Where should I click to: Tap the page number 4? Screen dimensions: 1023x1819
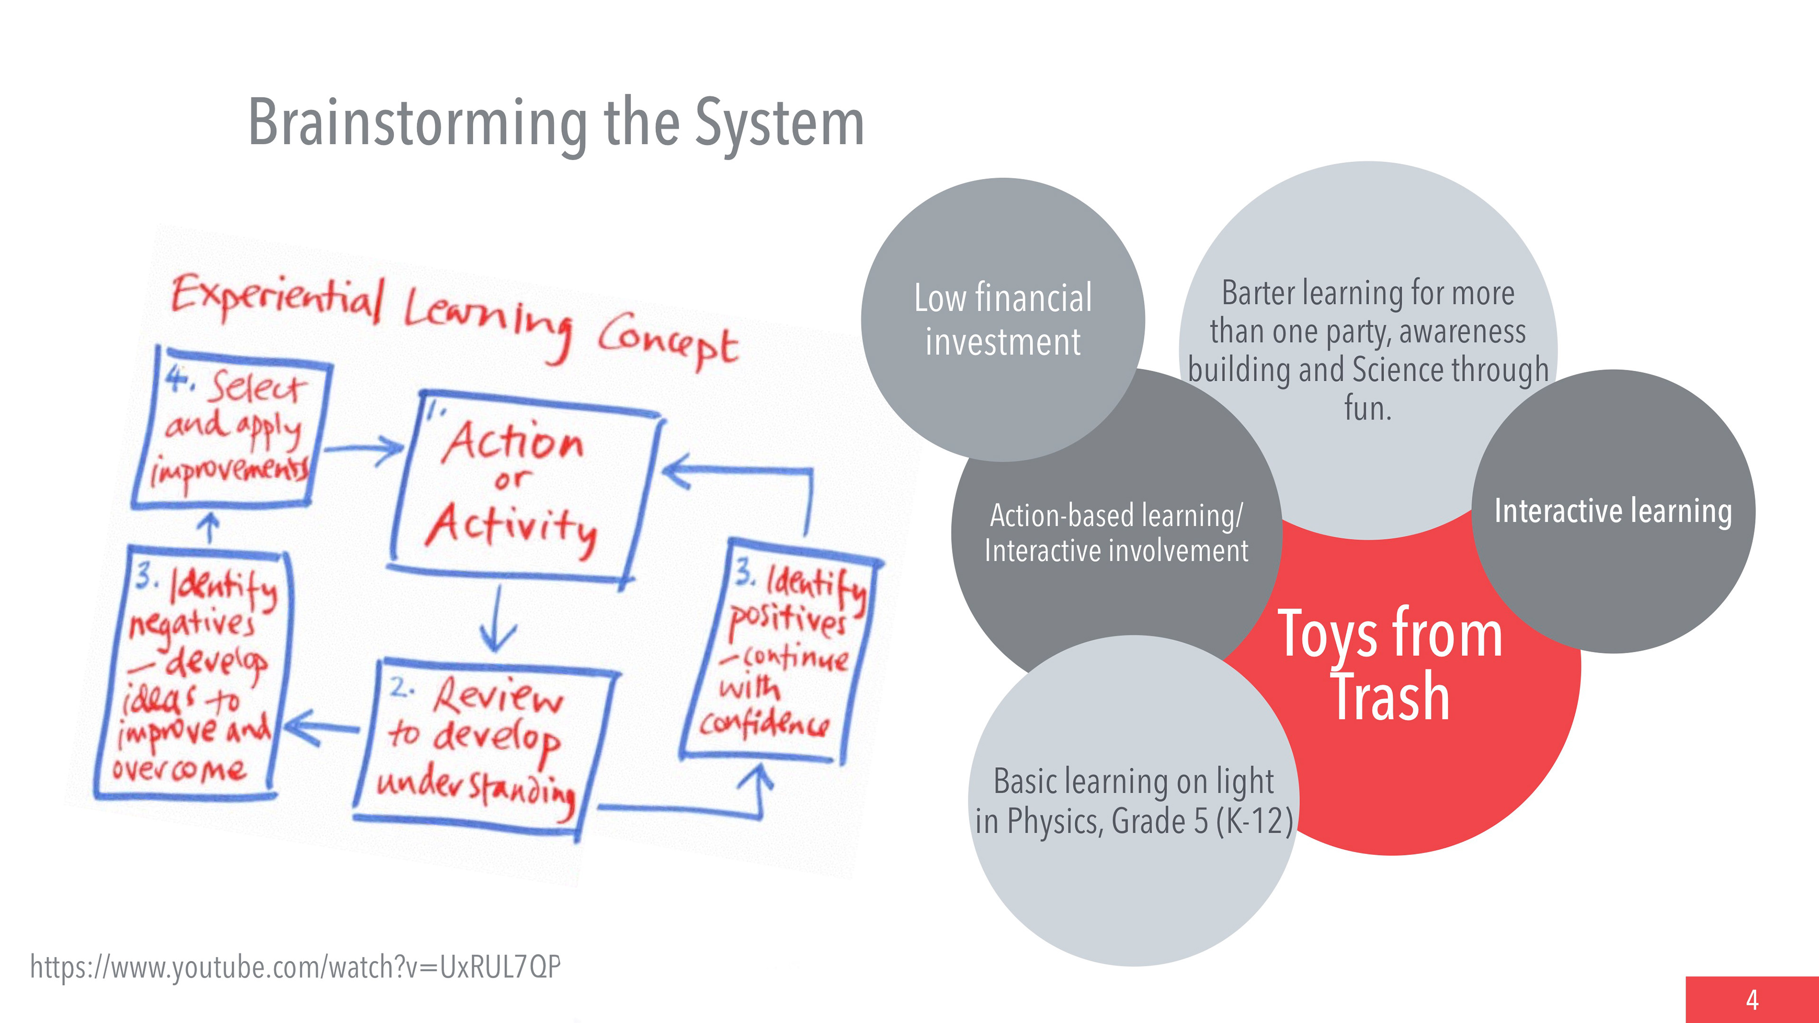[1752, 1000]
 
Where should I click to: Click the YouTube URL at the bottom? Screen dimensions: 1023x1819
[295, 967]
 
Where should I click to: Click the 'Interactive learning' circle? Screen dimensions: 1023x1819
[1613, 511]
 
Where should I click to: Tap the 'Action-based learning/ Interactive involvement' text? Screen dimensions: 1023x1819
[1116, 533]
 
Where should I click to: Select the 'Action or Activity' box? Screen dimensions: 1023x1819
[519, 487]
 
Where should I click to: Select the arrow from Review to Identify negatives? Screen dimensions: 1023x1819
[321, 727]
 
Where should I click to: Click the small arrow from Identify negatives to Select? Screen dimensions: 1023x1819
[208, 528]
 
